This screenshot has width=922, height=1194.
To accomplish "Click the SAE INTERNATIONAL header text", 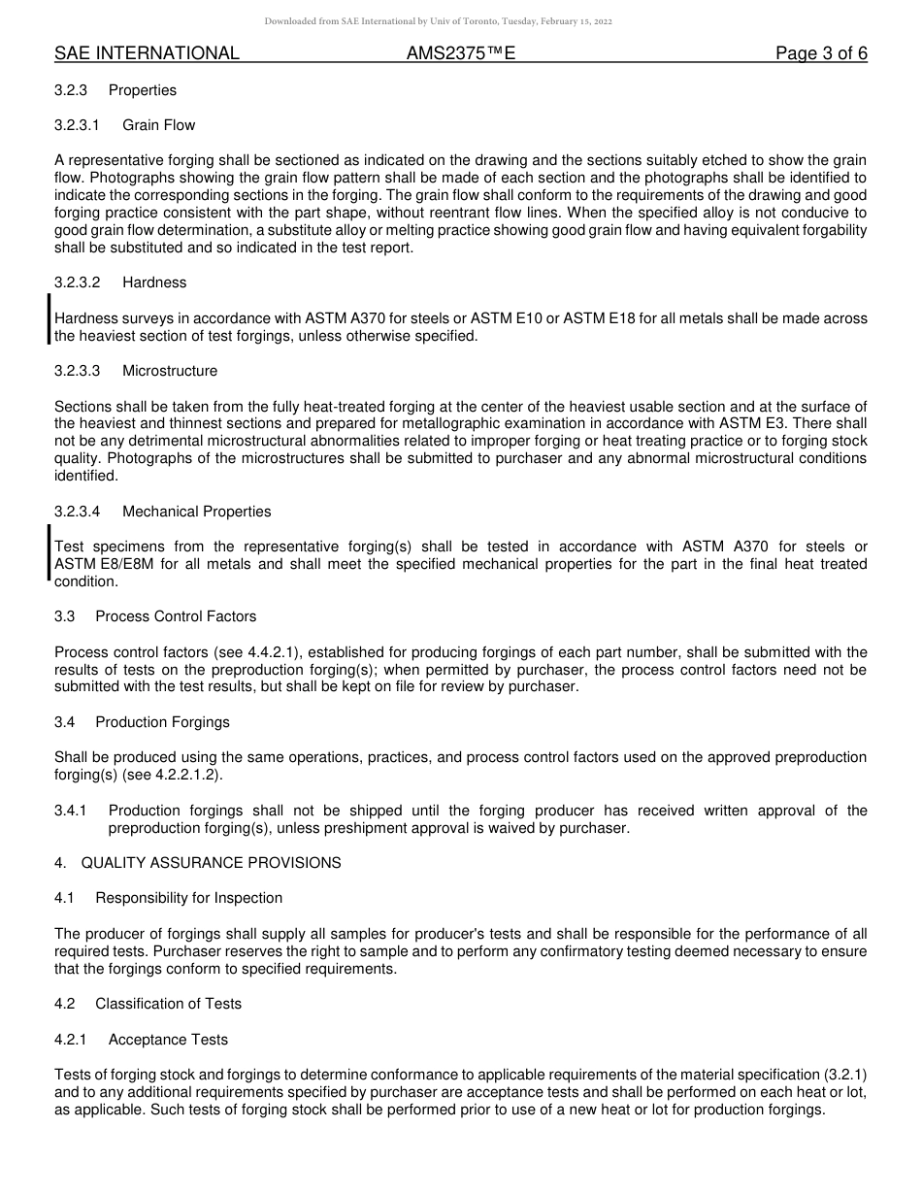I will click(x=147, y=53).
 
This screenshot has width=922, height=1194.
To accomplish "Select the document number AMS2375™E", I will click(x=461, y=53).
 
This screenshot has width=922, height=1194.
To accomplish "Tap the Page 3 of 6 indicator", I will click(x=821, y=53).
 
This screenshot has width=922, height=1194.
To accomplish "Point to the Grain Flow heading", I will click(x=158, y=125).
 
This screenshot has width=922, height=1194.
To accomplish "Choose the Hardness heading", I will click(x=154, y=282).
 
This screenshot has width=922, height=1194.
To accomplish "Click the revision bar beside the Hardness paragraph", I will click(x=49, y=319).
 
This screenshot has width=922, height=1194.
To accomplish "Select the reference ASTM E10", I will click(x=500, y=318).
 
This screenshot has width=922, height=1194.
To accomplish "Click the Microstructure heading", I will click(x=170, y=371).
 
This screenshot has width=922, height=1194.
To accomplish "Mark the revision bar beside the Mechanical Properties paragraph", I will click(x=49, y=551).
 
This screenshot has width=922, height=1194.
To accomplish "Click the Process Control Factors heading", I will click(x=176, y=616).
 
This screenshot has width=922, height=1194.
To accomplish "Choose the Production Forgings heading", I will click(x=162, y=722).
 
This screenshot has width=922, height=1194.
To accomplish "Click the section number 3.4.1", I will click(x=71, y=811).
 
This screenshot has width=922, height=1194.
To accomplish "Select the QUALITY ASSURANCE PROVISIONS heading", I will click(x=211, y=863).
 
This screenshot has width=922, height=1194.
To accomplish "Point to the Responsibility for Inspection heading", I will click(x=188, y=898).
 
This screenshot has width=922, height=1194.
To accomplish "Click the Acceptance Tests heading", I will click(x=168, y=1040).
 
